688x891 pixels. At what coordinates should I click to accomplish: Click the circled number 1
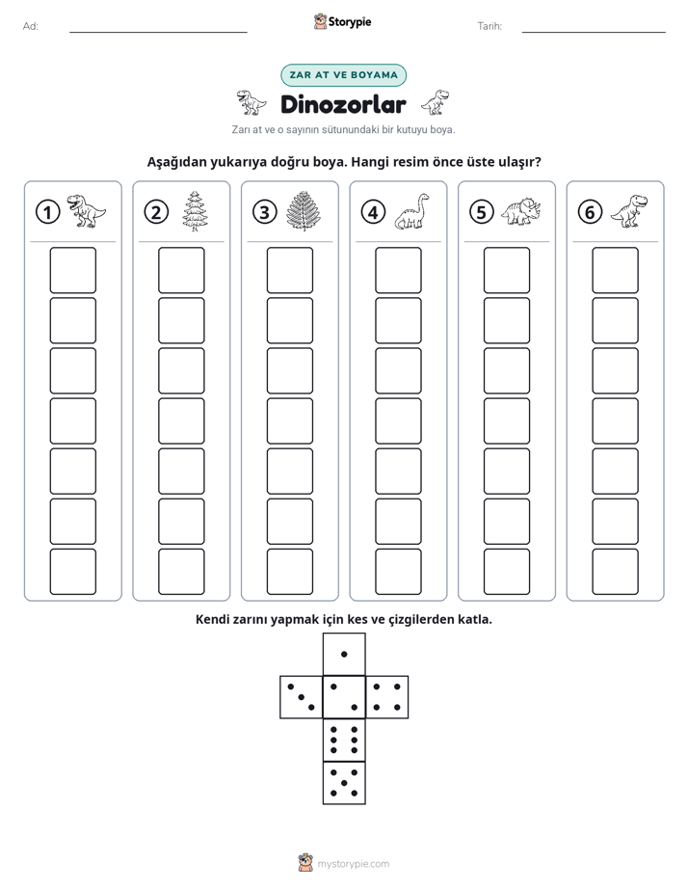pos(47,212)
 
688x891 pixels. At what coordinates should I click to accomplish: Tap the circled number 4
pos(373,212)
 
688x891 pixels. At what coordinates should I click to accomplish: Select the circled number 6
pos(590,212)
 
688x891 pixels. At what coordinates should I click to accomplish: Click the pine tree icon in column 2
pos(196,211)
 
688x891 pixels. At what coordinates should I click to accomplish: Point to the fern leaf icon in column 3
pos(304,211)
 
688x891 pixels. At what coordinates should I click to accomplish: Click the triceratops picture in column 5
pos(521,211)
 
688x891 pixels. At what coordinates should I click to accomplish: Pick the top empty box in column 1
pos(72,270)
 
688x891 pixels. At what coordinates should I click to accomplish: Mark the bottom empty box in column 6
pos(615,572)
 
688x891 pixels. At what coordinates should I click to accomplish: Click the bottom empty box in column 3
pos(289,572)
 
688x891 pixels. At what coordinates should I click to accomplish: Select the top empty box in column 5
pos(506,270)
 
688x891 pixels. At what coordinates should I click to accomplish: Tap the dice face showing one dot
pos(344,654)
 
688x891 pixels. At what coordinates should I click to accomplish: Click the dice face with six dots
pos(344,740)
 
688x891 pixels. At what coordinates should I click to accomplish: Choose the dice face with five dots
pos(344,783)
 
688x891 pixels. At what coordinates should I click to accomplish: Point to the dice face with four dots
pos(387,697)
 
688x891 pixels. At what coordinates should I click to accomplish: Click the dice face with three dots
pos(301,697)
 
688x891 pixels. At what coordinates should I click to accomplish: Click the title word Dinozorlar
pos(343,104)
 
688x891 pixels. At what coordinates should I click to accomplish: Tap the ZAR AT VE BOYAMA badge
pos(343,75)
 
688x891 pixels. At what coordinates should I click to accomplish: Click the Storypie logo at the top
pos(342,22)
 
